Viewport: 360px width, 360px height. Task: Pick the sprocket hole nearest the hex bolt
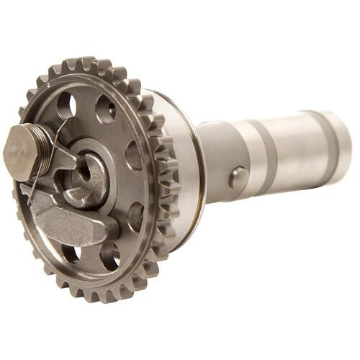point(67,106)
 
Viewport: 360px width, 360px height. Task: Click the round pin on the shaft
point(239,178)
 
